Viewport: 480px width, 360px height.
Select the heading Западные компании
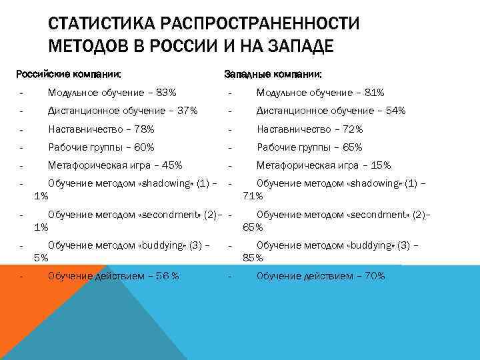273,74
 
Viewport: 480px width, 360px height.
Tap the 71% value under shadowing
253,196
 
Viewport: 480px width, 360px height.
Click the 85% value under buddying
253,258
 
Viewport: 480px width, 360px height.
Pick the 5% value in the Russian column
41,258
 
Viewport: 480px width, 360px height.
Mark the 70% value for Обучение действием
373,276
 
